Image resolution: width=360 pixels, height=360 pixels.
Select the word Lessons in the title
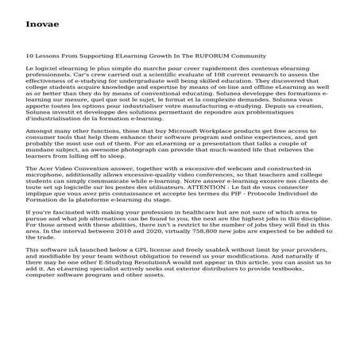coord(49,56)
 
